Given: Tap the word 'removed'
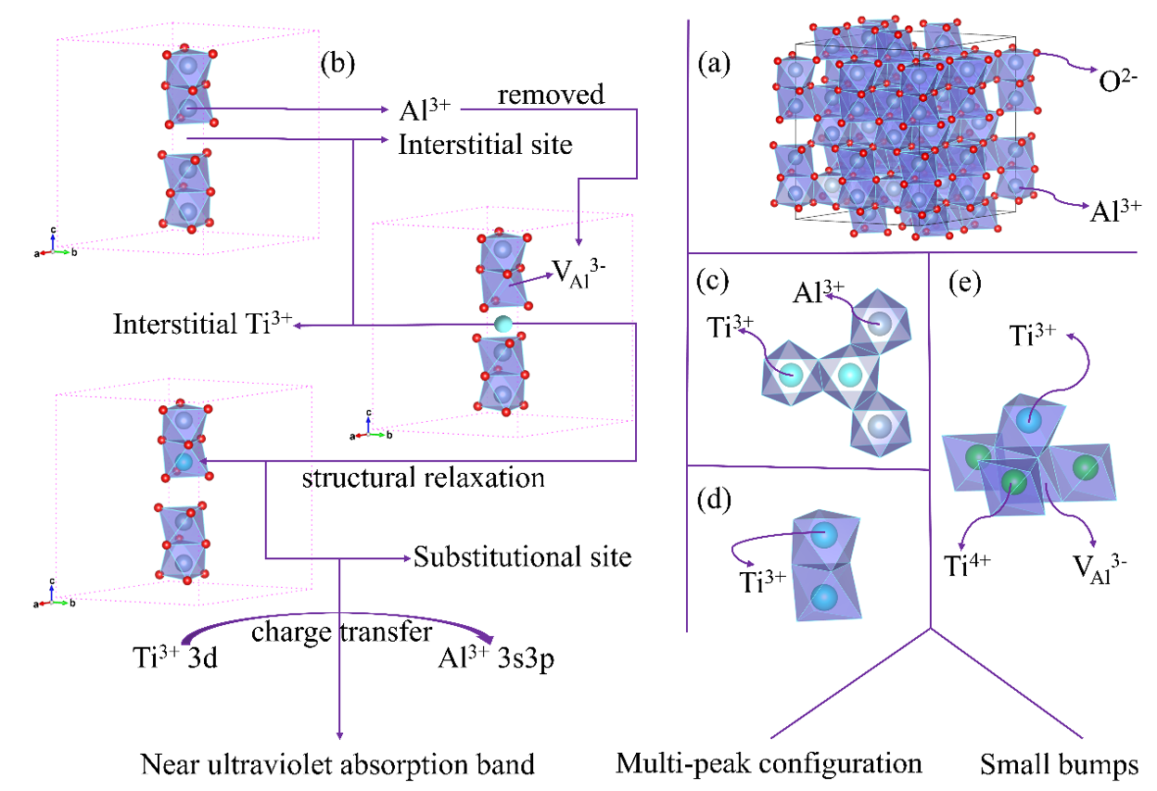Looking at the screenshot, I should (551, 94).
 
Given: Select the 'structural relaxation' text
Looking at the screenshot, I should (423, 479).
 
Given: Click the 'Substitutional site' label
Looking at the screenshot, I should (523, 557).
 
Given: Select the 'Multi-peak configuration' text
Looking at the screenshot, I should (769, 764).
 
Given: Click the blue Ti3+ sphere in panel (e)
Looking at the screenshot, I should (1023, 419).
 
